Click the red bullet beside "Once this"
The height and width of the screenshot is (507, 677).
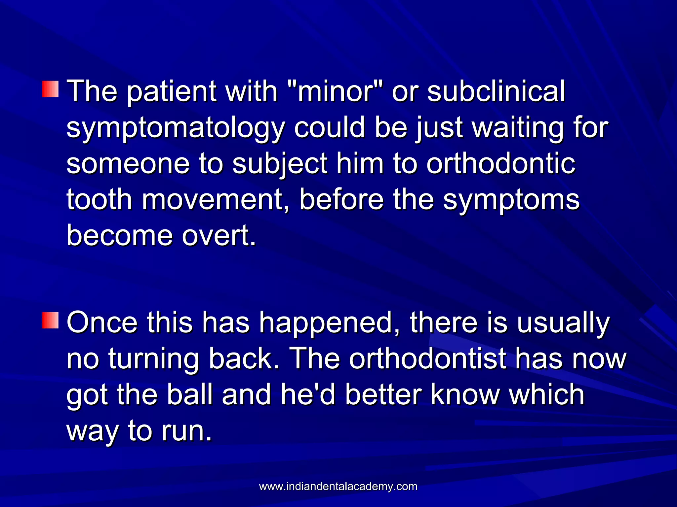tap(50, 320)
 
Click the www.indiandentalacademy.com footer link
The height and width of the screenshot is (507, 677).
tap(338, 487)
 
